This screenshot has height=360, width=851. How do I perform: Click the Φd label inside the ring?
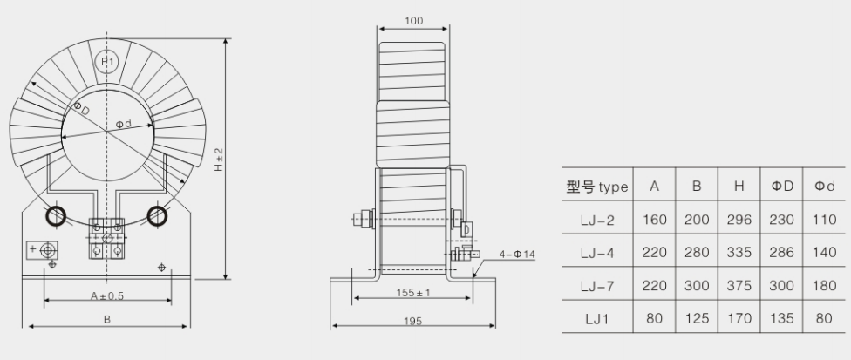[x=124, y=125]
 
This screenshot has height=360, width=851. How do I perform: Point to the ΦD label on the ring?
[x=81, y=110]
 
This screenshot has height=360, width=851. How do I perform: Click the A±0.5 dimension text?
[x=106, y=295]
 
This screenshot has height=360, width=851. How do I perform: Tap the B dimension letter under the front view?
[x=106, y=320]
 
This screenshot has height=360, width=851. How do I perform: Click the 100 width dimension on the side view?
[x=414, y=19]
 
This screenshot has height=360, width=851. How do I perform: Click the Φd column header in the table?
[x=823, y=187]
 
